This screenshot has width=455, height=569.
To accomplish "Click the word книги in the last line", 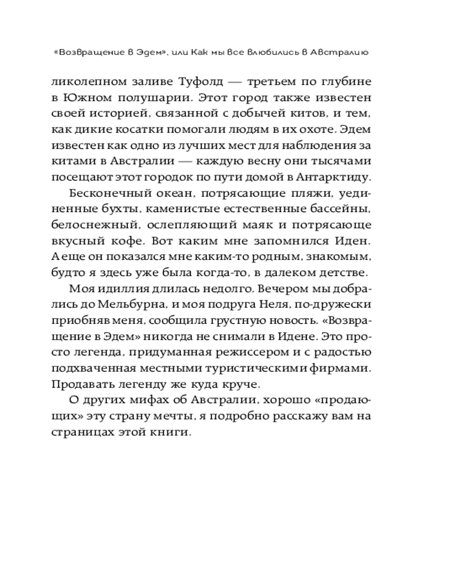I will tap(171, 433).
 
